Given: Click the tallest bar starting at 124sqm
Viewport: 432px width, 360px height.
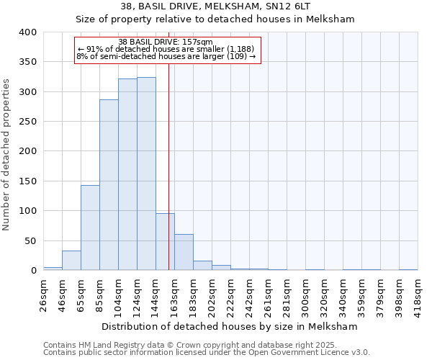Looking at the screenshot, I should click(x=146, y=174).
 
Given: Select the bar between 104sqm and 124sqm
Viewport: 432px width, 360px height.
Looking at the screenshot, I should click(x=127, y=174).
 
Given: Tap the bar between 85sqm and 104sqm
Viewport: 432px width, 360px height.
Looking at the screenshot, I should click(x=109, y=185).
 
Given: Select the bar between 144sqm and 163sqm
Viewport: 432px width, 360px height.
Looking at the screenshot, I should click(x=165, y=242).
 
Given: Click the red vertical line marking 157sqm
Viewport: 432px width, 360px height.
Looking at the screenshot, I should click(x=168, y=144).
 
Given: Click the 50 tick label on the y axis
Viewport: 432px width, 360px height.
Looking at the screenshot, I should click(x=31, y=240).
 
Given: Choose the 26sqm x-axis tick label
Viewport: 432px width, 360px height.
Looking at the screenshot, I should click(x=44, y=292).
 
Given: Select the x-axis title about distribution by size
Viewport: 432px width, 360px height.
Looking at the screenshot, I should click(x=230, y=326).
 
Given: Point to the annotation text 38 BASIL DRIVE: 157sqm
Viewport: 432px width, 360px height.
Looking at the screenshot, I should click(x=166, y=42).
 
